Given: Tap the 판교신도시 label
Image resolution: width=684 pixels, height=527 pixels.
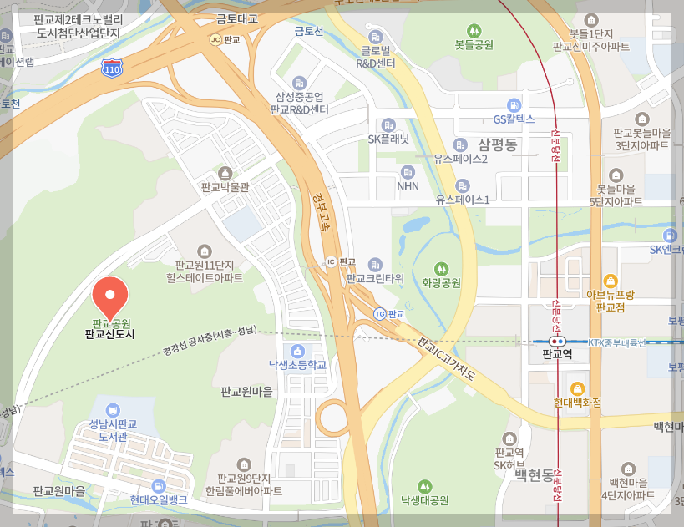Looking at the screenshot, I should [109, 334].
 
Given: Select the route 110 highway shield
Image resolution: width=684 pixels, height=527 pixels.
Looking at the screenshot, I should [110, 68].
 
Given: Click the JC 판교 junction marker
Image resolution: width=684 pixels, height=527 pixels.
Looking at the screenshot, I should [215, 39].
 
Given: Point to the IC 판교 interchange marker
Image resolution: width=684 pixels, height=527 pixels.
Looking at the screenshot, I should [332, 261].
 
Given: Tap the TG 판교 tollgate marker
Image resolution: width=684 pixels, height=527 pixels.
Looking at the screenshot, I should [380, 313].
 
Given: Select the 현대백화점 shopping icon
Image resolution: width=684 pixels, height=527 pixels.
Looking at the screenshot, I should [576, 388].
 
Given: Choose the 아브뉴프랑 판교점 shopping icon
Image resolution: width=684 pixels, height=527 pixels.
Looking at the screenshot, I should [611, 280].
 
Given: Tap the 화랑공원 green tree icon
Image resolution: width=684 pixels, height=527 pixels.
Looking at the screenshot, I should [442, 268].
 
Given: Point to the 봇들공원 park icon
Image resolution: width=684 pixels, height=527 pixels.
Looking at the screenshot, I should [474, 30].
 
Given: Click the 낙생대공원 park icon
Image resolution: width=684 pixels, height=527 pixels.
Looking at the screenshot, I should [424, 485].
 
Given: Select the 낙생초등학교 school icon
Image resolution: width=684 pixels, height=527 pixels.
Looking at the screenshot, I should [296, 350].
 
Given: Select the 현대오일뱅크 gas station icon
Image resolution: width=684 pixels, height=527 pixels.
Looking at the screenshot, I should [158, 485].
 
